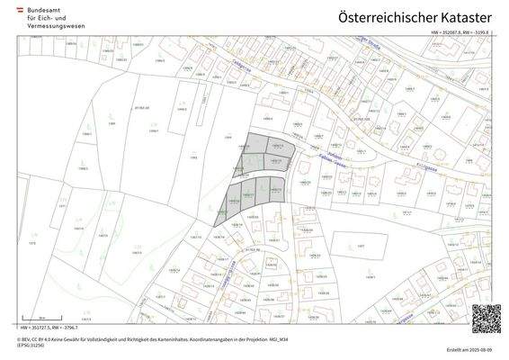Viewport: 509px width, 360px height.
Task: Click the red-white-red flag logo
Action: point(22,6)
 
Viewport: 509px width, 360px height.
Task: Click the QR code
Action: point(486,318)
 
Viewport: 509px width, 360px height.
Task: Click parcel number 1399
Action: point(113,122)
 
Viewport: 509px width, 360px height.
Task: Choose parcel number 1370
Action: point(31,243)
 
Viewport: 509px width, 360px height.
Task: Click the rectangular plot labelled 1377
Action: point(362,245)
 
